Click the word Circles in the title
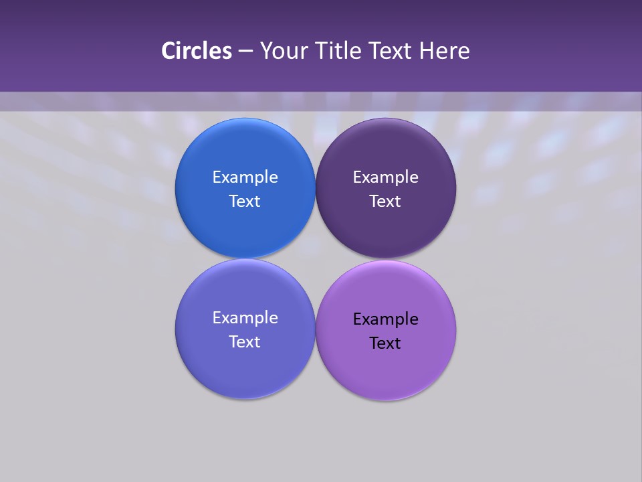tap(197, 51)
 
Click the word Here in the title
tap(445, 51)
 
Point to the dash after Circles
tap(245, 52)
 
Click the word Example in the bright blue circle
tap(245, 177)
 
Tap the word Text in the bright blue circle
tap(245, 202)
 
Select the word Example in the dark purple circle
tap(385, 177)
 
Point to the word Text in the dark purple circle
tap(385, 202)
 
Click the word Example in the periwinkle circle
tap(245, 318)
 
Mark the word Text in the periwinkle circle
tap(245, 342)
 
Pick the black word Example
tap(385, 319)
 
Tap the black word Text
tap(385, 343)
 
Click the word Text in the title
tap(391, 51)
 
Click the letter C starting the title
tap(169, 51)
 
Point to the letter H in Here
tap(426, 51)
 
